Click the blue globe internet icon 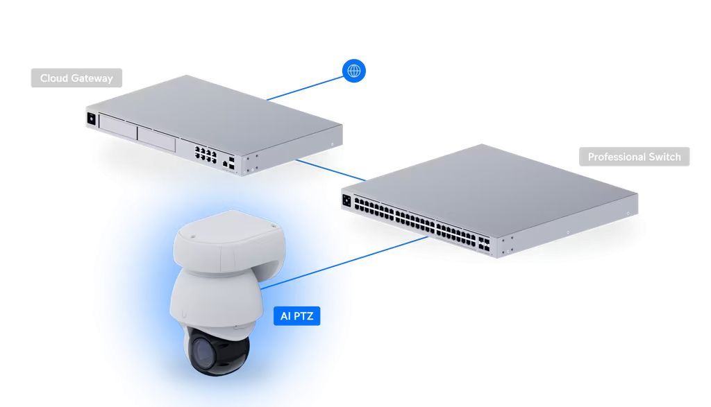click(x=354, y=70)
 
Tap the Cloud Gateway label click(x=76, y=78)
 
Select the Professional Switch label click(x=634, y=157)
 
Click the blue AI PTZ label click(x=296, y=317)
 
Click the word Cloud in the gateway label click(x=54, y=78)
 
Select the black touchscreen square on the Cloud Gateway click(x=91, y=119)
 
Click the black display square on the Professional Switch click(x=346, y=201)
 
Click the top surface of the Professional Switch click(x=486, y=184)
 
